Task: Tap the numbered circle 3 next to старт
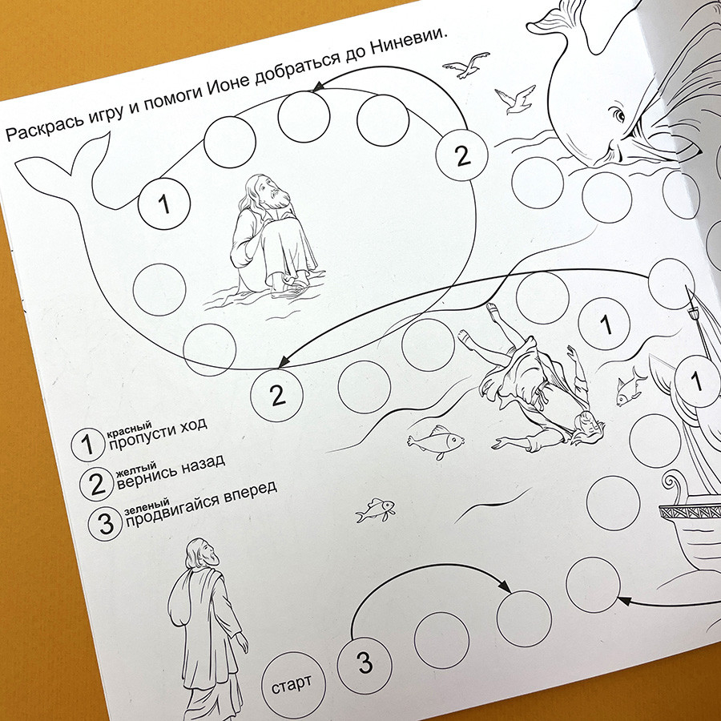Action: tap(365, 666)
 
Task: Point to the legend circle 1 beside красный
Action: tap(87, 445)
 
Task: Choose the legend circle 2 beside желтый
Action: tap(96, 484)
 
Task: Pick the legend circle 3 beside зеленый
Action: tap(105, 524)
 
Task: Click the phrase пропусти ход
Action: tap(157, 433)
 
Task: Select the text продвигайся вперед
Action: tap(201, 504)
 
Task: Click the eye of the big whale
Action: tap(617, 114)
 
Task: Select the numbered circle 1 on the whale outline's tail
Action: tap(164, 203)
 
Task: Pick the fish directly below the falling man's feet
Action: tap(436, 441)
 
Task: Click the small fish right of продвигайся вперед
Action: tap(376, 510)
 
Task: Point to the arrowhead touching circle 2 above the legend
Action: tap(284, 361)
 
